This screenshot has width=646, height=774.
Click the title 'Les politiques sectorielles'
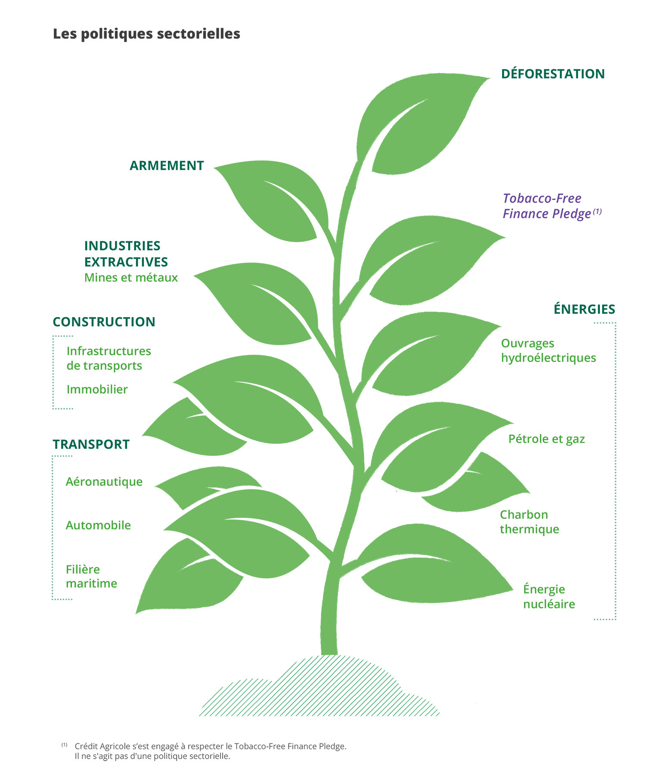[146, 34]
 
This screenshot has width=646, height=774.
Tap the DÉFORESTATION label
[553, 74]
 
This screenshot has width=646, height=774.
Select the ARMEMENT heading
[167, 165]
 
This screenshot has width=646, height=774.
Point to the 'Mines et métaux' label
[131, 278]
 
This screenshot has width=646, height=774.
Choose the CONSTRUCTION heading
[104, 322]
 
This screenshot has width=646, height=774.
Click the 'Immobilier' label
[97, 390]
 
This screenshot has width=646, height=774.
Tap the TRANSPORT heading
[91, 444]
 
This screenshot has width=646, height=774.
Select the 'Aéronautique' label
[104, 481]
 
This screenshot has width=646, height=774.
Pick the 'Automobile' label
[98, 525]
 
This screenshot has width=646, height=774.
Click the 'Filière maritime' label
[91, 576]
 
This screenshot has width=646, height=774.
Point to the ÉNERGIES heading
[584, 309]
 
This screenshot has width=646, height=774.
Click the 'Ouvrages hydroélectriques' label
[548, 350]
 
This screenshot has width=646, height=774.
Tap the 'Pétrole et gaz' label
[547, 439]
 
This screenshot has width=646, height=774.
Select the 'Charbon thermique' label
[529, 522]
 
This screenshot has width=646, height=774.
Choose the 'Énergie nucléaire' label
[549, 596]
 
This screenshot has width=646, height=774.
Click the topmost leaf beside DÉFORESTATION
[413, 125]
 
